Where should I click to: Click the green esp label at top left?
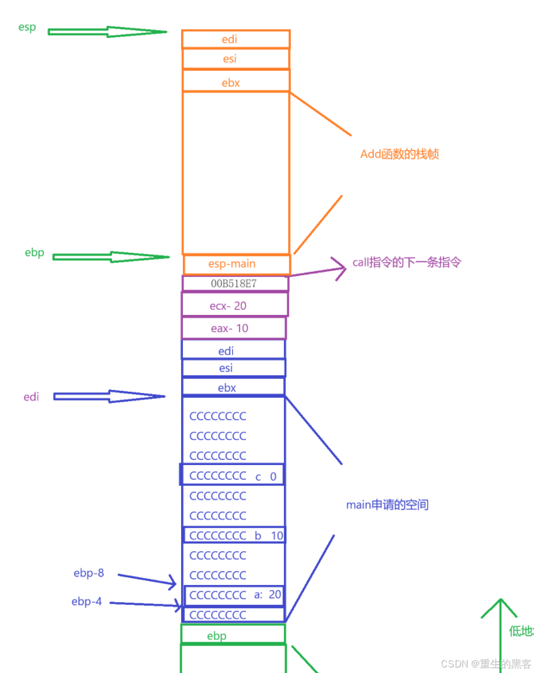point(27,28)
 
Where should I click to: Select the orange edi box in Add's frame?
point(235,39)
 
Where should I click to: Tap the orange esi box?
point(235,59)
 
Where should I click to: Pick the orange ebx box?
point(235,81)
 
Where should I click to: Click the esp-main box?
point(237,265)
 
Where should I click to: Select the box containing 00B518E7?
point(235,284)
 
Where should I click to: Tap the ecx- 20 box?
point(234,305)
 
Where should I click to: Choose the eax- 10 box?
point(233,329)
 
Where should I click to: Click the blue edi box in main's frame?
point(233,350)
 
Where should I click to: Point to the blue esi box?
point(233,368)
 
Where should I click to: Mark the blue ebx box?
point(233,388)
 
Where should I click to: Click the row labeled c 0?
point(233,476)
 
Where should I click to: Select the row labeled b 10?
point(235,535)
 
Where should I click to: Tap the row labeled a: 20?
point(235,595)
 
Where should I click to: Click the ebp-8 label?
point(89,573)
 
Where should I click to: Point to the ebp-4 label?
point(87,602)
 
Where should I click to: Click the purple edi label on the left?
point(31,397)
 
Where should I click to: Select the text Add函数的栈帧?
point(399,154)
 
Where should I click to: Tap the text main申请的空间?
point(387,505)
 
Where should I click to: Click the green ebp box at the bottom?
point(233,635)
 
